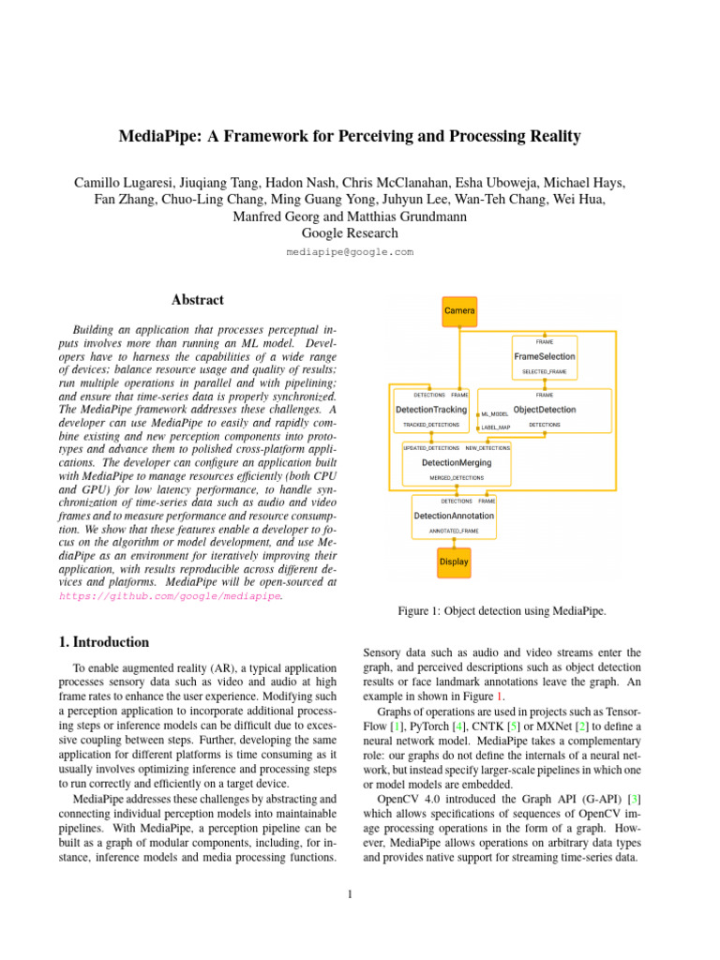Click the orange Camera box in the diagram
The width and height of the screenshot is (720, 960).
pos(459,309)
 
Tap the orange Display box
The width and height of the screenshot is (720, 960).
pos(454,562)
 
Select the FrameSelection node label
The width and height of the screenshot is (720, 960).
pos(544,356)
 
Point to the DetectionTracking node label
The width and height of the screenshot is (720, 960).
pos(430,410)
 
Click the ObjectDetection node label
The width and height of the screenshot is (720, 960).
pos(545,410)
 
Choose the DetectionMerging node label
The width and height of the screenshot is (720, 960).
pos(457,463)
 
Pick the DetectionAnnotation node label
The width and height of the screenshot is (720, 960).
pos(454,516)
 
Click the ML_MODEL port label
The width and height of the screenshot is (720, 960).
pos(495,413)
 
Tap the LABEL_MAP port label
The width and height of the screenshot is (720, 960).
pos(496,427)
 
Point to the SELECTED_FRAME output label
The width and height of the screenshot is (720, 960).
pos(545,372)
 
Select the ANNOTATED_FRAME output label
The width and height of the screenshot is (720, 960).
pos(454,532)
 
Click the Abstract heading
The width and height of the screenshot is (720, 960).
pos(198,300)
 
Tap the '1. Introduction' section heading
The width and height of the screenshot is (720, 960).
pos(103,642)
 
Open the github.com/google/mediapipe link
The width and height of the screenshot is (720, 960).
pos(170,595)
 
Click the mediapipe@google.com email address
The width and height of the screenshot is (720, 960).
pos(350,252)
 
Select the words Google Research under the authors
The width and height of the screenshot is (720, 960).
pos(350,233)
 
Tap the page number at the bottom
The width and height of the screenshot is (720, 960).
pos(349,893)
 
